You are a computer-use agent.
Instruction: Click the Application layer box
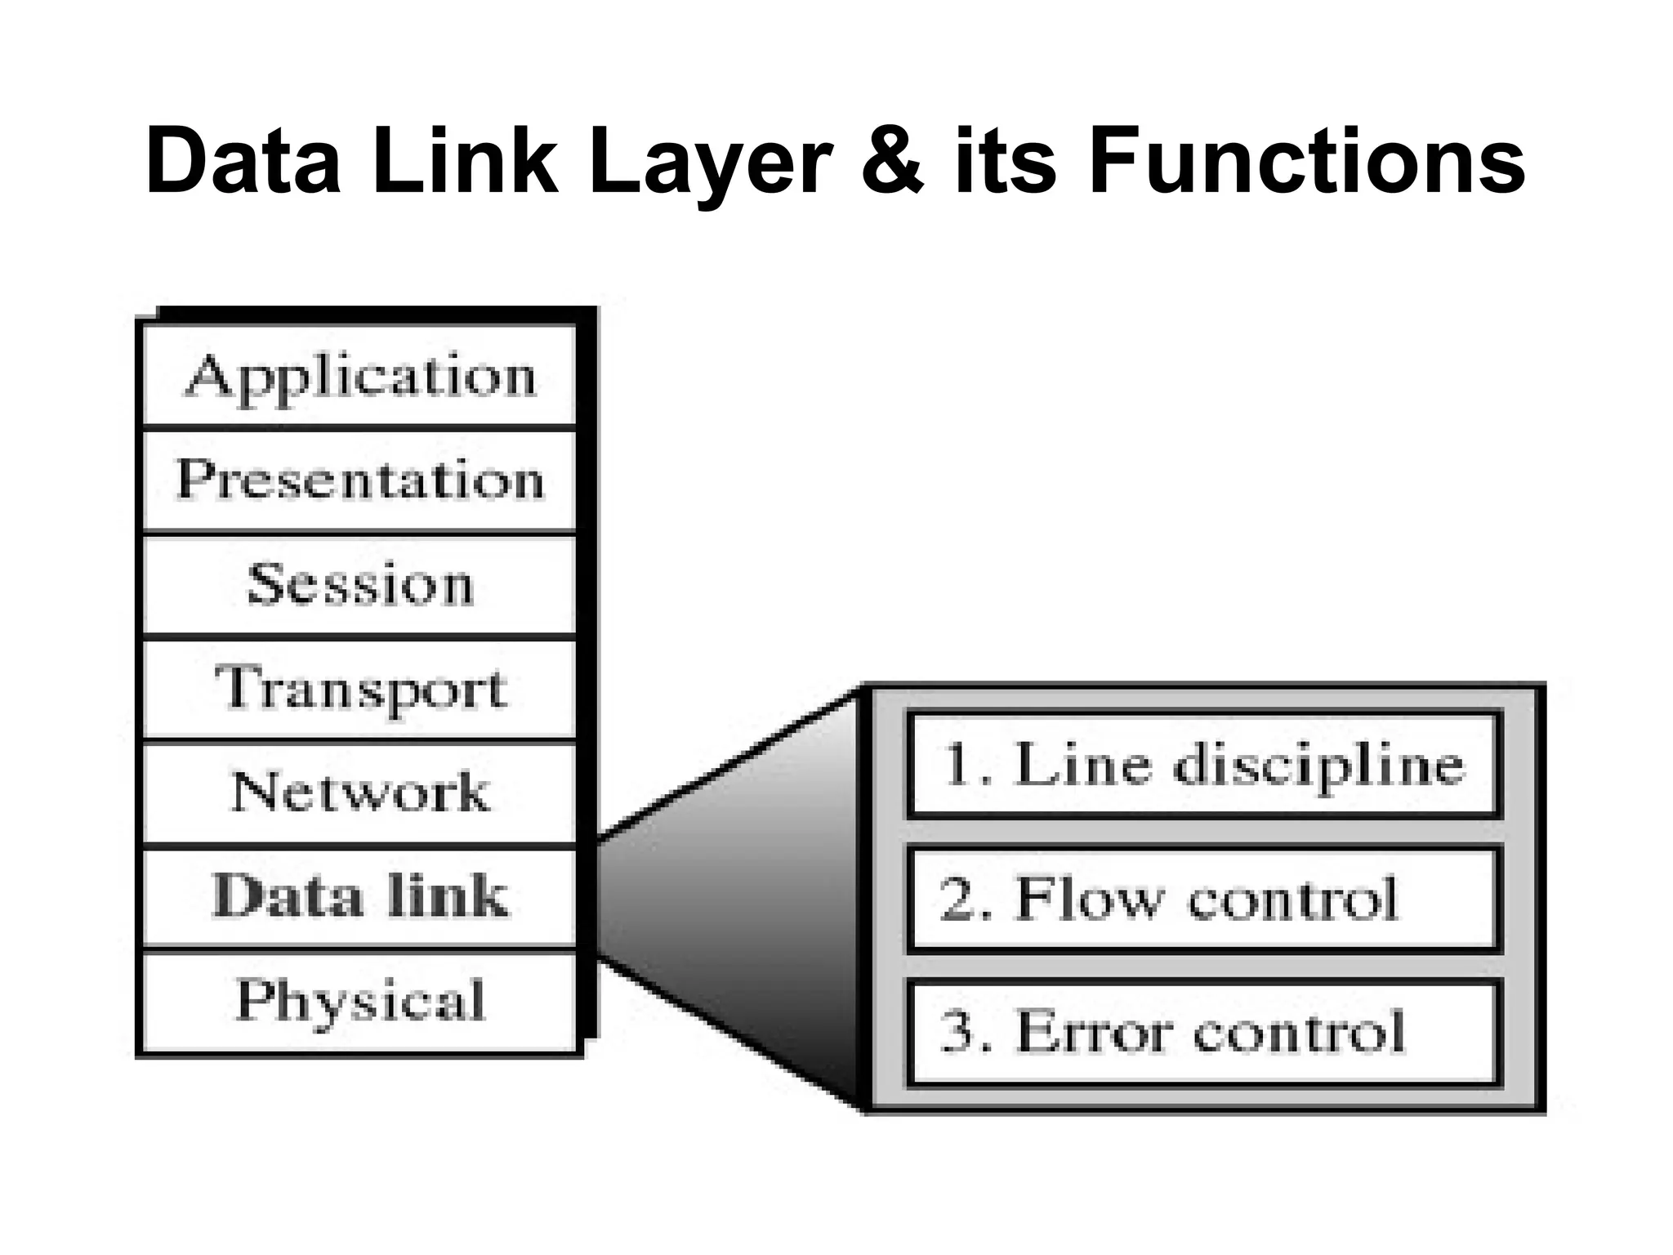tap(359, 376)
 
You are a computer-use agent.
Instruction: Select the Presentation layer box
tap(359, 480)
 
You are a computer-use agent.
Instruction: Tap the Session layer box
tap(359, 585)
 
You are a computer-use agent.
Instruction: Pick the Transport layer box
tap(359, 689)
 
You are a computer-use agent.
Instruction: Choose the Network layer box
tap(359, 793)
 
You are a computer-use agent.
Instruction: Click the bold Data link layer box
tap(359, 897)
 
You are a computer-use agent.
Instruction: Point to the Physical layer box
tap(359, 1001)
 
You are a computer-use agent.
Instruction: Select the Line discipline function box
tap(1204, 766)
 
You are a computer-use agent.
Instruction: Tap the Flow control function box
tap(1204, 899)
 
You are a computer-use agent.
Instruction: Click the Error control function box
tap(1204, 1032)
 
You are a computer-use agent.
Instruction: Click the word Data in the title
tap(243, 161)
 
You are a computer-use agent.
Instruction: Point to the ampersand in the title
tap(893, 161)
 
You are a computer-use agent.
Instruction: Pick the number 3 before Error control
tap(958, 1032)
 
